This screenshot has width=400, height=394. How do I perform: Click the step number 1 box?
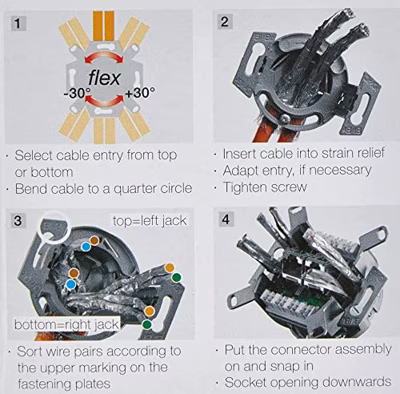pos(18,23)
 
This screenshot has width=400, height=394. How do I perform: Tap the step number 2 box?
pos(225,22)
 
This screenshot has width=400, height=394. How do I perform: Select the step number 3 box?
pos(18,220)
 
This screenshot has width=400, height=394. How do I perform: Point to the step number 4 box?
pos(226,219)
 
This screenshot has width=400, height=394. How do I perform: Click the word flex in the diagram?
pos(104,78)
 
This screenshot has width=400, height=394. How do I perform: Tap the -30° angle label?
pos(76,93)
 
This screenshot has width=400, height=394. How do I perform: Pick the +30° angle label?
pos(140,93)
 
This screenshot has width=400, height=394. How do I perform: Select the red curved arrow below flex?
pos(104,99)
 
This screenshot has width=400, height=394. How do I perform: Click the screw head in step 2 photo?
pos(284,118)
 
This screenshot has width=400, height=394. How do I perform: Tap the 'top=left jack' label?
pos(149,221)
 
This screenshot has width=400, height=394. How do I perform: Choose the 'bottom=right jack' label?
pos(66,324)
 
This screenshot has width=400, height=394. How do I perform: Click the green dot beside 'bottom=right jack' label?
pos(147,324)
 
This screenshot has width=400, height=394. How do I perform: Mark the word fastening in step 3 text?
pos(43,384)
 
